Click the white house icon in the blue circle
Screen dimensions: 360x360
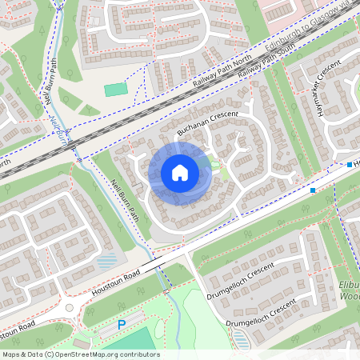(180, 172)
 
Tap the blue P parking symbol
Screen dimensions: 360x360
(122, 325)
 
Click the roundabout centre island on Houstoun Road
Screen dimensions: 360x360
(70, 307)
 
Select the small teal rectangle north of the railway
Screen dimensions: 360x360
(115, 90)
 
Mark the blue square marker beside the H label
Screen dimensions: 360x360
(350, 165)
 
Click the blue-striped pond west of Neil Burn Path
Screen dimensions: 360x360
(106, 262)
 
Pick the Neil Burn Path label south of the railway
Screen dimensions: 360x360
(126, 199)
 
